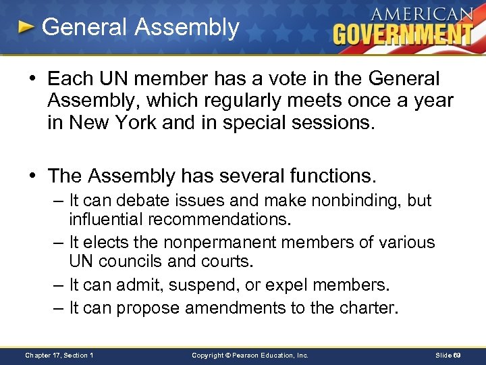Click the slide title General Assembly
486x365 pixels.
point(140,28)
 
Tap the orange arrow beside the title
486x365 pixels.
point(26,28)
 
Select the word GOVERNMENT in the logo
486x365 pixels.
point(403,33)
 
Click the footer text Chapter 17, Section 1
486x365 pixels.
point(59,354)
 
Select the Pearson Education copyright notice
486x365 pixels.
point(250,354)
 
